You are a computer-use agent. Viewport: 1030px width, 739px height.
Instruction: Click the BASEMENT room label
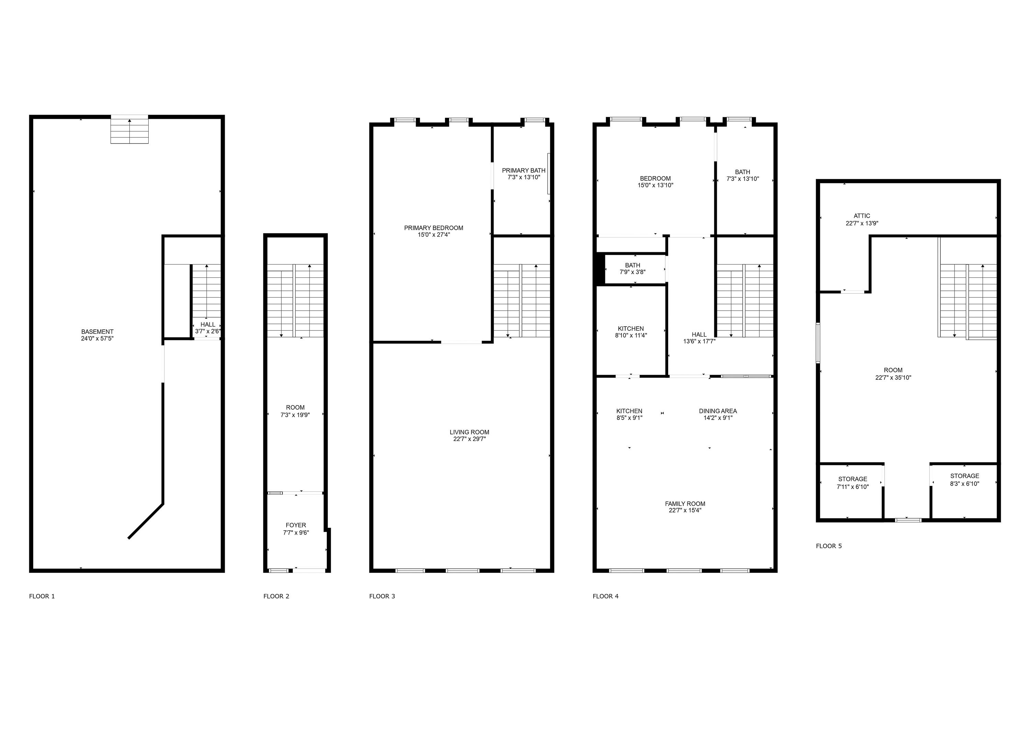pyautogui.click(x=97, y=332)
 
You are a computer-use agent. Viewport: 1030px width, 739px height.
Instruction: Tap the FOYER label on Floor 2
pyautogui.click(x=296, y=525)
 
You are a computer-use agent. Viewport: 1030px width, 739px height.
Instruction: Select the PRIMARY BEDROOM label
pyautogui.click(x=433, y=228)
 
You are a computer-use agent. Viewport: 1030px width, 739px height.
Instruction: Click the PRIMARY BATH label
pyautogui.click(x=523, y=170)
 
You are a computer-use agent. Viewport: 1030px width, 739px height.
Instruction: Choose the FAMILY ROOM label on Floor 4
pyautogui.click(x=685, y=504)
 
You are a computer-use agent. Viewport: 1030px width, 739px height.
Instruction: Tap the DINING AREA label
pyautogui.click(x=718, y=411)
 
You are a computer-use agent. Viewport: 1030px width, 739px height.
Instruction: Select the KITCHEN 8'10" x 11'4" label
pyautogui.click(x=630, y=332)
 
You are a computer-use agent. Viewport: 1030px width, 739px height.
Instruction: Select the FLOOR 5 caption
pyautogui.click(x=828, y=546)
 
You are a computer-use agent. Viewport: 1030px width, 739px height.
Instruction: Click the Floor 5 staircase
pyautogui.click(x=967, y=301)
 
